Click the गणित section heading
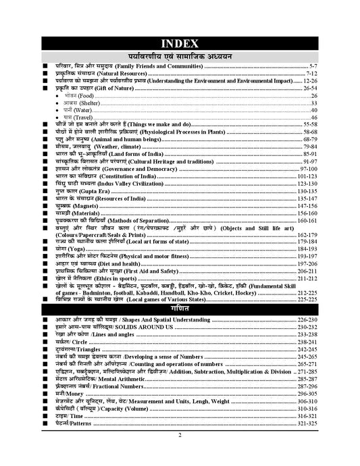(x=179, y=307)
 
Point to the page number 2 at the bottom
(x=180, y=454)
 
